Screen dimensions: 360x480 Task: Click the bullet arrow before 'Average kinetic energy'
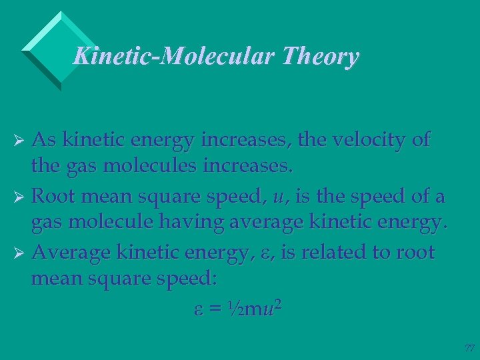pyautogui.click(x=21, y=254)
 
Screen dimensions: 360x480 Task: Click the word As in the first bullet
pyautogui.click(x=44, y=141)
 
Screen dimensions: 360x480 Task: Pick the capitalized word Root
pyautogui.click(x=55, y=197)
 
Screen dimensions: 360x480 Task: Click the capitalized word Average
pyautogui.click(x=71, y=253)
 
